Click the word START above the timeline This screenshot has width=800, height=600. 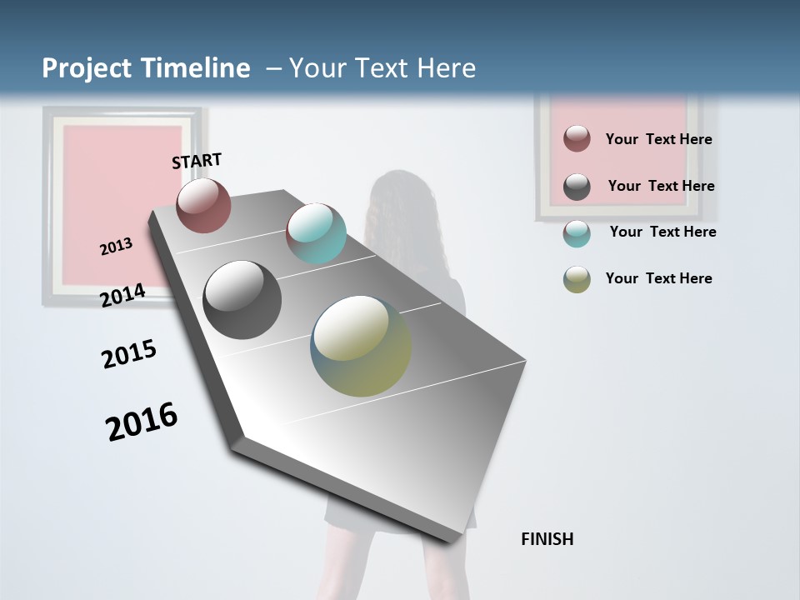pos(197,161)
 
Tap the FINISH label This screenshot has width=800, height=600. pos(547,539)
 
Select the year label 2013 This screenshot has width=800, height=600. pos(116,247)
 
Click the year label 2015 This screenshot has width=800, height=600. pos(128,354)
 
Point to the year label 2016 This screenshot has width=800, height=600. pos(142,422)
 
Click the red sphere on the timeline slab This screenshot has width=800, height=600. pos(203,205)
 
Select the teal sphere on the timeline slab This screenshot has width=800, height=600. pos(316,233)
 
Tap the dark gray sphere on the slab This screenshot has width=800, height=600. pos(242,300)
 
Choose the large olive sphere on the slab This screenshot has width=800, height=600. pos(361,347)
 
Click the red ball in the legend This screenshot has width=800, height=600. pos(577,138)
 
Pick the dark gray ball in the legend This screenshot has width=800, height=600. pos(577,187)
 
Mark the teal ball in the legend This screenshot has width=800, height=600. pos(577,233)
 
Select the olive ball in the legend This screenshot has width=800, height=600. pos(577,279)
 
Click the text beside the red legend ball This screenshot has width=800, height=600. pos(658,139)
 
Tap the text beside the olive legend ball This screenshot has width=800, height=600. pos(658,278)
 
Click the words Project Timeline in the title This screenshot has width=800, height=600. pos(146,68)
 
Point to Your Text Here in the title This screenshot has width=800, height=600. pos(382,68)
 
